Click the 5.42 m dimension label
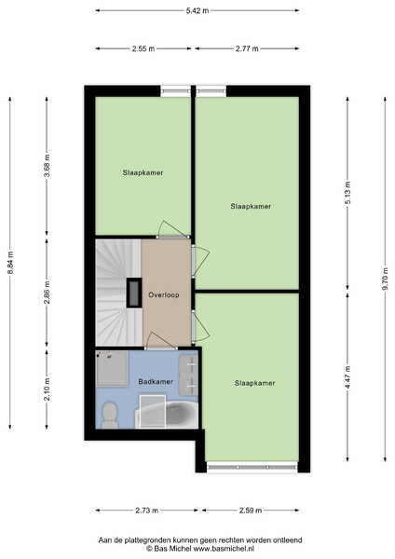(x=197, y=10)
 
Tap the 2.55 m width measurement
(x=143, y=48)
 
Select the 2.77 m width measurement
(x=247, y=48)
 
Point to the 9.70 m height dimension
(x=385, y=279)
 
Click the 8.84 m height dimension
(x=10, y=263)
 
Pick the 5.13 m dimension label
(x=347, y=193)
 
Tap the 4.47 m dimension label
(x=347, y=377)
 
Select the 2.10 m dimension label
(x=47, y=389)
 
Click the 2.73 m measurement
(x=146, y=511)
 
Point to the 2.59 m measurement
(x=251, y=511)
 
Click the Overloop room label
(x=164, y=295)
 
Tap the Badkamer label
(x=156, y=382)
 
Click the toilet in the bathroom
(x=110, y=415)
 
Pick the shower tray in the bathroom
(x=112, y=369)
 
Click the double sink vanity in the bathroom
(x=188, y=375)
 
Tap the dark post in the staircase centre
(x=134, y=293)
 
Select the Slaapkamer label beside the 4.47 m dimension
(x=255, y=383)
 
